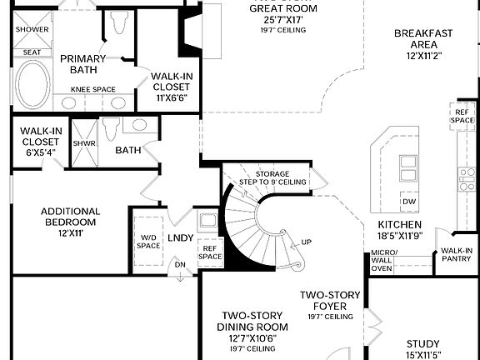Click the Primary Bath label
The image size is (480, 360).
82,64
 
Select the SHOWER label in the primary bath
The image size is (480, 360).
32,30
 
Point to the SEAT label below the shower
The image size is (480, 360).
32,52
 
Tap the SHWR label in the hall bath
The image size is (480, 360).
83,142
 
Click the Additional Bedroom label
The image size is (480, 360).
70,217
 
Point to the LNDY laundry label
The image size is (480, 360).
181,238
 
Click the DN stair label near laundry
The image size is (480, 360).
178,265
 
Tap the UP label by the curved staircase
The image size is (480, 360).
306,242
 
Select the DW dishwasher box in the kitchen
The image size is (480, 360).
408,202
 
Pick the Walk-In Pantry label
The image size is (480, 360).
457,255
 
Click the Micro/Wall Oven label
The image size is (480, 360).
382,261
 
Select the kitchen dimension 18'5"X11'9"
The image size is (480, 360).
399,236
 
